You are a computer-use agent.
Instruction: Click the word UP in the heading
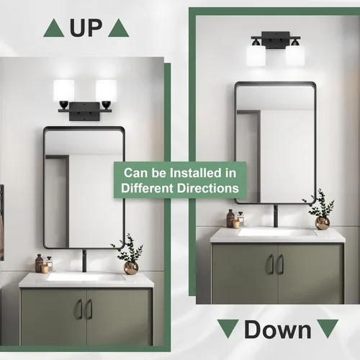point(86,28)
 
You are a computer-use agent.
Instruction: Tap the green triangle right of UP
point(119,29)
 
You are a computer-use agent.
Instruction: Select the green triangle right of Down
point(325,328)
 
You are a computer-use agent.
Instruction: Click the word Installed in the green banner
point(206,173)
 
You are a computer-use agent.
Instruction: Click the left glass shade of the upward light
point(64,91)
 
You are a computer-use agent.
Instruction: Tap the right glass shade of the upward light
point(106,91)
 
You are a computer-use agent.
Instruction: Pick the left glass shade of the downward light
point(255,54)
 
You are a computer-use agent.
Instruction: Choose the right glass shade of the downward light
point(294,54)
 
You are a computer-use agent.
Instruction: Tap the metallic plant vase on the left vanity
point(131,267)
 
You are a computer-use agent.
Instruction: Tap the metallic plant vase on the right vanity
point(322,222)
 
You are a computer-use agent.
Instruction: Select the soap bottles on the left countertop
point(43,264)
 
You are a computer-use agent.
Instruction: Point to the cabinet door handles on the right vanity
point(276,264)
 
